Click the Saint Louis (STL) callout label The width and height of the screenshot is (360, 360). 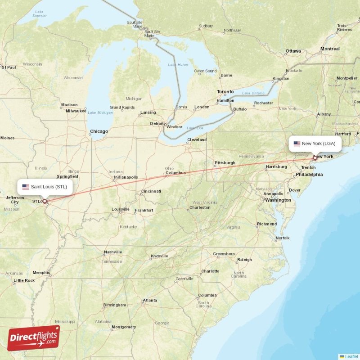pyautogui.click(x=45, y=187)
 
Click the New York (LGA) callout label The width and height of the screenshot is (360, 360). pyautogui.click(x=315, y=144)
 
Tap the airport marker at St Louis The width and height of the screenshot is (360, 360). pyautogui.click(x=45, y=201)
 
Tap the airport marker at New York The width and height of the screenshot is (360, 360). pyautogui.click(x=315, y=158)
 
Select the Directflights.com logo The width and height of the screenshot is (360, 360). pyautogui.click(x=33, y=338)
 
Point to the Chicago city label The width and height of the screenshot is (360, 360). pyautogui.click(x=99, y=131)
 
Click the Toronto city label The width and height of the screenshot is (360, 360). pyautogui.click(x=225, y=92)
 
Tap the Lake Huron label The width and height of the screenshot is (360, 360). pyautogui.click(x=178, y=65)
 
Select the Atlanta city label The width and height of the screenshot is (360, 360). pyautogui.click(x=149, y=300)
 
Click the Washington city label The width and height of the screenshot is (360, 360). pyautogui.click(x=278, y=200)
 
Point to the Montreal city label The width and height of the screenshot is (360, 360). pyautogui.click(x=330, y=49)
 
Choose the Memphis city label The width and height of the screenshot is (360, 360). pyautogui.click(x=41, y=272)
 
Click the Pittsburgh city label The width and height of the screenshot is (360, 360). pyautogui.click(x=225, y=162)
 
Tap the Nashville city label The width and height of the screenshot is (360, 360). pyautogui.click(x=112, y=252)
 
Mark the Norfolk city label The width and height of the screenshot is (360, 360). pyautogui.click(x=283, y=238)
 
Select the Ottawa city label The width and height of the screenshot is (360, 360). pyautogui.click(x=293, y=51)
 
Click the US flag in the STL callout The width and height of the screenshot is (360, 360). pyautogui.click(x=26, y=187)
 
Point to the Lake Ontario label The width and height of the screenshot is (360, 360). pyautogui.click(x=253, y=93)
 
